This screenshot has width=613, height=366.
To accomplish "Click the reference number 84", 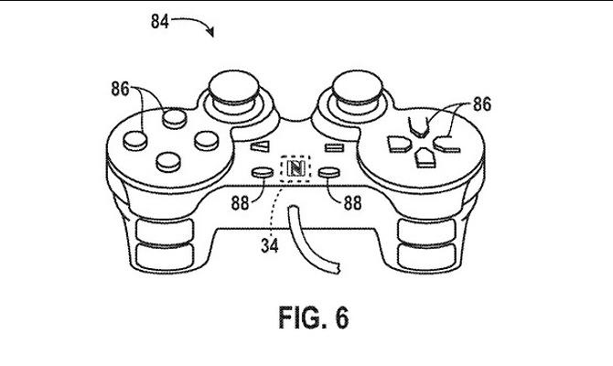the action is coord(160,22).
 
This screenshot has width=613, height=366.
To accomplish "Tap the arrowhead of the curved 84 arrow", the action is coord(211,32).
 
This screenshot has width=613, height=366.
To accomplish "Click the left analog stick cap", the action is coord(233,88).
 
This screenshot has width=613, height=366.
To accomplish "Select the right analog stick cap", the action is coord(358,87).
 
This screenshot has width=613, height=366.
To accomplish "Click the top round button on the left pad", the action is coord(175,118).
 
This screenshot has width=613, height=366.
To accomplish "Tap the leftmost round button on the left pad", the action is coord(135,140).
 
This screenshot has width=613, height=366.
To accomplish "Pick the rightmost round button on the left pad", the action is coord(207,140).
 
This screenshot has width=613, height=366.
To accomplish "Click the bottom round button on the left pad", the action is coord(168,162).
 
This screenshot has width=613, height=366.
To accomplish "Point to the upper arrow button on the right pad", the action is coord(418,127).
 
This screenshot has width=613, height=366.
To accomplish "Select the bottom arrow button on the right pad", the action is coord(425,157).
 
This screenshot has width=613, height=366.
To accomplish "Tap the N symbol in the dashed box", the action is coord(296,168).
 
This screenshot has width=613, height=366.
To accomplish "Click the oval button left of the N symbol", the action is coord(262,172).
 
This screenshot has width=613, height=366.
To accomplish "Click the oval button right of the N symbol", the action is coord(329,172).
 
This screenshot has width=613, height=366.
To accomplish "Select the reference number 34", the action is coord(270,246).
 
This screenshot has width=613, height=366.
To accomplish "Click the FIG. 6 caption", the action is coord(314,318).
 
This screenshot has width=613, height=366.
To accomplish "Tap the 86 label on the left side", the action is coord(120,89).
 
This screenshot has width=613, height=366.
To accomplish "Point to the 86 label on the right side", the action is coord(482,104).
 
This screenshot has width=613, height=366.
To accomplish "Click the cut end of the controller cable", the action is coord(335,268).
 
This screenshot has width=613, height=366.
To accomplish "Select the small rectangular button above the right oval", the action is coord(335,147).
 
